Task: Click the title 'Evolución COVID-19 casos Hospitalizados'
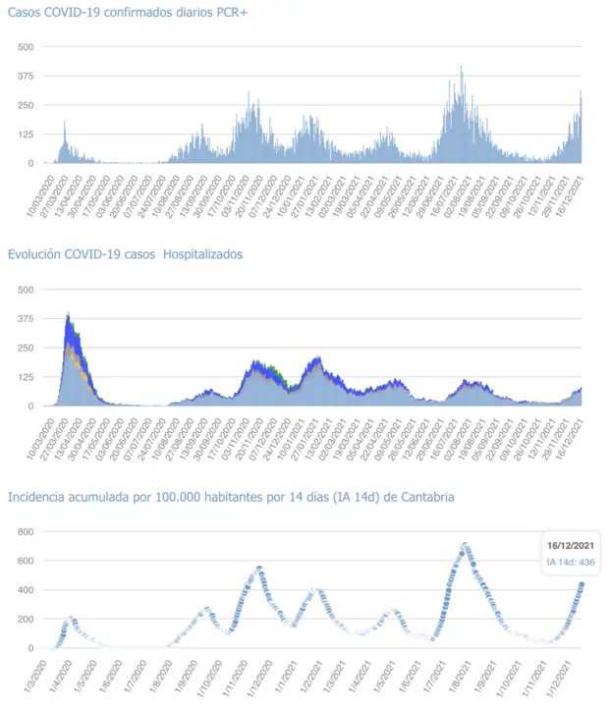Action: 125,254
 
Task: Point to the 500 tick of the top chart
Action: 26,47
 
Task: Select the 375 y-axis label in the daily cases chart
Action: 26,77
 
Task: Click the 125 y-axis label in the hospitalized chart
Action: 26,377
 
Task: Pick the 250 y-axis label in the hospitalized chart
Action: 26,348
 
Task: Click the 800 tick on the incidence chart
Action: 26,532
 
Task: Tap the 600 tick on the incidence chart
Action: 26,561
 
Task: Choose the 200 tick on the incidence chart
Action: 26,620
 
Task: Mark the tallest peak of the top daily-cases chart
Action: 462,67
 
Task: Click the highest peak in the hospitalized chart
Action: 68,315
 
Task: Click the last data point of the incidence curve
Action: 581,585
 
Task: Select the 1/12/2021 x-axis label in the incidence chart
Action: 561,674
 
